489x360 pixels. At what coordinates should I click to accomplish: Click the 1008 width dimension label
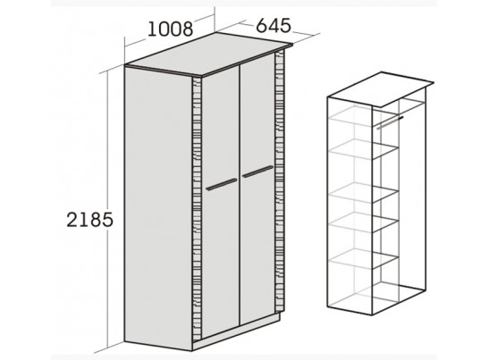click(x=170, y=29)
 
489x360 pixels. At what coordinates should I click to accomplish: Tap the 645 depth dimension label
click(x=274, y=25)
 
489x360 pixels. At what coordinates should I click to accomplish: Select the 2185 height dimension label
click(x=89, y=220)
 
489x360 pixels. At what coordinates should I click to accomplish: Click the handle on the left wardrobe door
click(x=222, y=184)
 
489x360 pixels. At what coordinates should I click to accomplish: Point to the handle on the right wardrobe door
click(x=257, y=172)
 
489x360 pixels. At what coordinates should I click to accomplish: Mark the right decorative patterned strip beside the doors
click(x=280, y=180)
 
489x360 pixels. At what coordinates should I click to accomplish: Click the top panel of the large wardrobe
click(x=208, y=54)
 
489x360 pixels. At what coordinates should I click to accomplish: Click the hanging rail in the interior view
click(x=390, y=122)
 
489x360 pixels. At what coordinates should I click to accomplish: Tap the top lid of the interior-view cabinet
click(x=381, y=89)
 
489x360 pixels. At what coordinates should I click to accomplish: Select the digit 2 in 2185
click(x=72, y=220)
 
